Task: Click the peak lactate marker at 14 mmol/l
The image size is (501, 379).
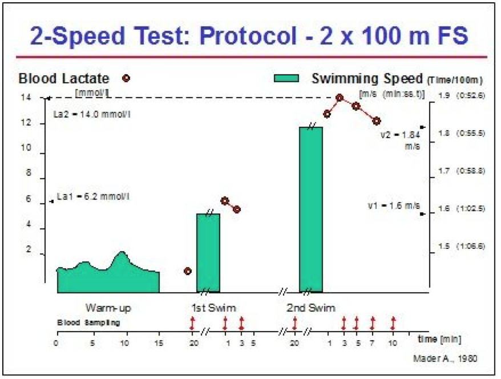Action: (x=339, y=98)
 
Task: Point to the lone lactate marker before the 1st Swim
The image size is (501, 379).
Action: (x=188, y=271)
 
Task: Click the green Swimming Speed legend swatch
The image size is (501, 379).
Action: (x=287, y=78)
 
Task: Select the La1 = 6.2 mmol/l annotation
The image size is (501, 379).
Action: (x=93, y=197)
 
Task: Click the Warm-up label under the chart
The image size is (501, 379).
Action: (x=108, y=308)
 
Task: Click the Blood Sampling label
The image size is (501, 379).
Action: (x=88, y=322)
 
